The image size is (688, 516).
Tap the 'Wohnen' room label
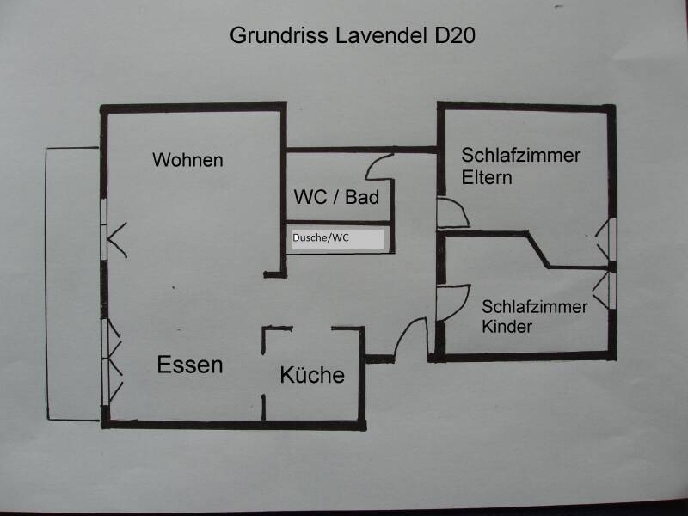(187, 160)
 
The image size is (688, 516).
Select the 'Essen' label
(190, 365)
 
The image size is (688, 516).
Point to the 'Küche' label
(311, 375)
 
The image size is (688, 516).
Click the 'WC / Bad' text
(336, 198)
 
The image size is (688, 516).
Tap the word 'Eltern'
(487, 178)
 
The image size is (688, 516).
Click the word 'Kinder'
(507, 327)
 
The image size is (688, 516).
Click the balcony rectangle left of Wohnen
(74, 284)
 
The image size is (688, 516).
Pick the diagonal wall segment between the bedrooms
(539, 250)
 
